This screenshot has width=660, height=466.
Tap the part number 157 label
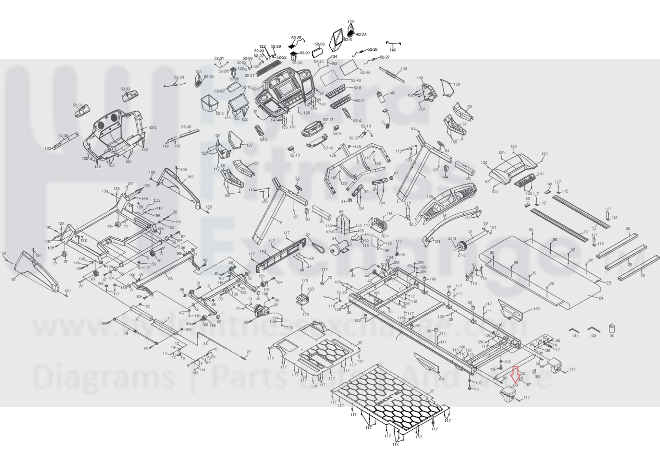528,385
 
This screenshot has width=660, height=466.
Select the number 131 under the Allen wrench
575,336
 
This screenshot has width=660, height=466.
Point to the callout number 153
536,308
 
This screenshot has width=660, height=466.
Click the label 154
441,379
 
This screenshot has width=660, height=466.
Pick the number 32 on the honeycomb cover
432,391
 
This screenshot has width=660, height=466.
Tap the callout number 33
360,343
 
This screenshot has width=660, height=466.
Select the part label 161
13,280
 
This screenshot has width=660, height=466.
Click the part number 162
190,177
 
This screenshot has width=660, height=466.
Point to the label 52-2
152,127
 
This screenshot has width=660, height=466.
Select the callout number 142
404,68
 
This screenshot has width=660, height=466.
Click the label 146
393,50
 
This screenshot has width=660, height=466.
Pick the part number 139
457,84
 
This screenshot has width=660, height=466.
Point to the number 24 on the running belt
601,298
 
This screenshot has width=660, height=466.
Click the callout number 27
248,352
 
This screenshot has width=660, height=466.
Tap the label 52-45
186,127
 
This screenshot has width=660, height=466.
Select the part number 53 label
487,182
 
